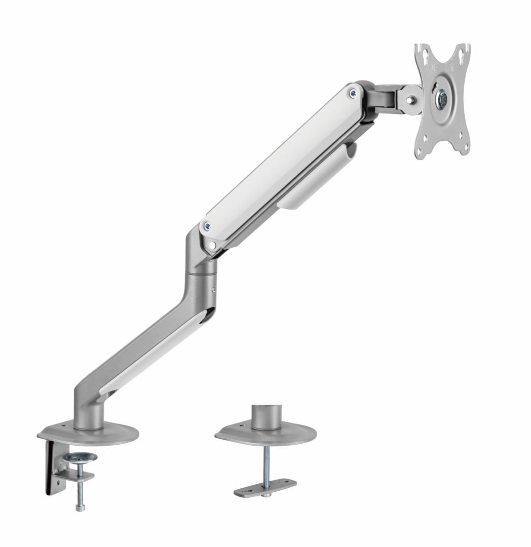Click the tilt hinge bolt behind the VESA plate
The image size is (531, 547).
pyautogui.click(x=411, y=99)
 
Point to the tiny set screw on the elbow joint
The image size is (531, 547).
pyautogui.click(x=213, y=290)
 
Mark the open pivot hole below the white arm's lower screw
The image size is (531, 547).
pyautogui.click(x=212, y=245)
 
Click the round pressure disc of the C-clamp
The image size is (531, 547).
pyautogui.click(x=81, y=458)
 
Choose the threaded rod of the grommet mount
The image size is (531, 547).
pyautogui.click(x=264, y=463)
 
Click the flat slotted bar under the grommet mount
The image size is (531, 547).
pyautogui.click(x=265, y=487)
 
